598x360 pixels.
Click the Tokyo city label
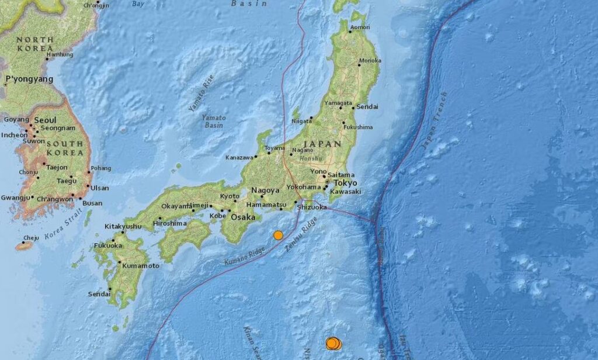(346, 182)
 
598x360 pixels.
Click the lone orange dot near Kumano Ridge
(278, 235)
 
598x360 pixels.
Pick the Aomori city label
(360, 27)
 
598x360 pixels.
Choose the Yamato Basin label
(213, 121)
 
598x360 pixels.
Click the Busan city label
(92, 203)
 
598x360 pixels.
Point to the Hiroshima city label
(170, 223)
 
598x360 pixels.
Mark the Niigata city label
(301, 122)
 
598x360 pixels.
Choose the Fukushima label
(357, 127)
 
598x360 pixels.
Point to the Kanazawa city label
(239, 158)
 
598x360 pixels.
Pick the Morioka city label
(370, 60)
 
